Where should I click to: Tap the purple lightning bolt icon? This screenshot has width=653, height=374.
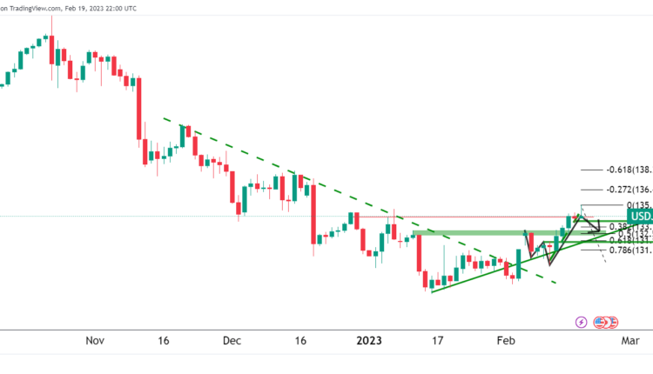pyautogui.click(x=582, y=323)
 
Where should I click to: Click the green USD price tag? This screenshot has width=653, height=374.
pyautogui.click(x=639, y=217)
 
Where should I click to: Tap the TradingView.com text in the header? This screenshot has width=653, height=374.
pyautogui.click(x=35, y=8)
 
